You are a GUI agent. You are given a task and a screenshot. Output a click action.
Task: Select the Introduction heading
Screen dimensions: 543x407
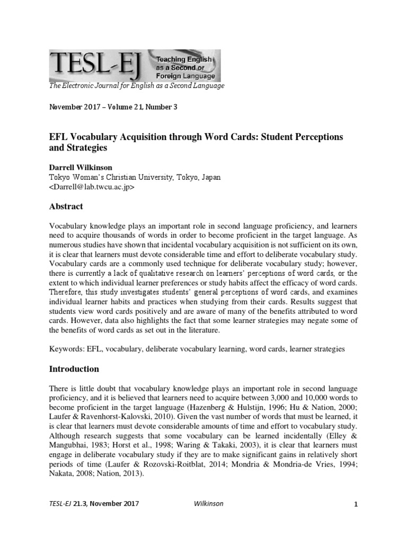[x=74, y=369]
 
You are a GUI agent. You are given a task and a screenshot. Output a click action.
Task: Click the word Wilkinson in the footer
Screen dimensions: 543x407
[x=206, y=504]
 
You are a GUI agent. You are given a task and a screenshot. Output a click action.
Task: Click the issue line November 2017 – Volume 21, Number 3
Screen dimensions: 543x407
[x=113, y=107]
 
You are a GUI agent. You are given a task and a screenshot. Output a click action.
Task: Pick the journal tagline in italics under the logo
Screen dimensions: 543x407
[x=136, y=85]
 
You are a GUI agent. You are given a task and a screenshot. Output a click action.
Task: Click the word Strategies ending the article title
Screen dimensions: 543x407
[x=84, y=147]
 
